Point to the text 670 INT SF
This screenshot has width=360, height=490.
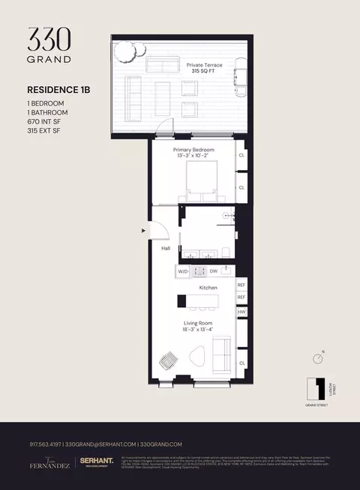(46, 122)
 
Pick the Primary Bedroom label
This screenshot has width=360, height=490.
(194, 150)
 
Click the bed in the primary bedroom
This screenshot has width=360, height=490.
(199, 180)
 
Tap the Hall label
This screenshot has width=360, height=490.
(166, 249)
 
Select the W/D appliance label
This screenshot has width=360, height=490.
(184, 270)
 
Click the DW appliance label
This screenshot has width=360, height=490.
(214, 270)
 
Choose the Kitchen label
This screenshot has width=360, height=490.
(208, 288)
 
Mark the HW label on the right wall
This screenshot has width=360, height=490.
(241, 312)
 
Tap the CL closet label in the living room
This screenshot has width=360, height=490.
(242, 363)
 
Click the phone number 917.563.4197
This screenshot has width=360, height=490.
(42, 444)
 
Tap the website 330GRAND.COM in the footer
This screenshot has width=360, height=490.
(161, 444)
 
